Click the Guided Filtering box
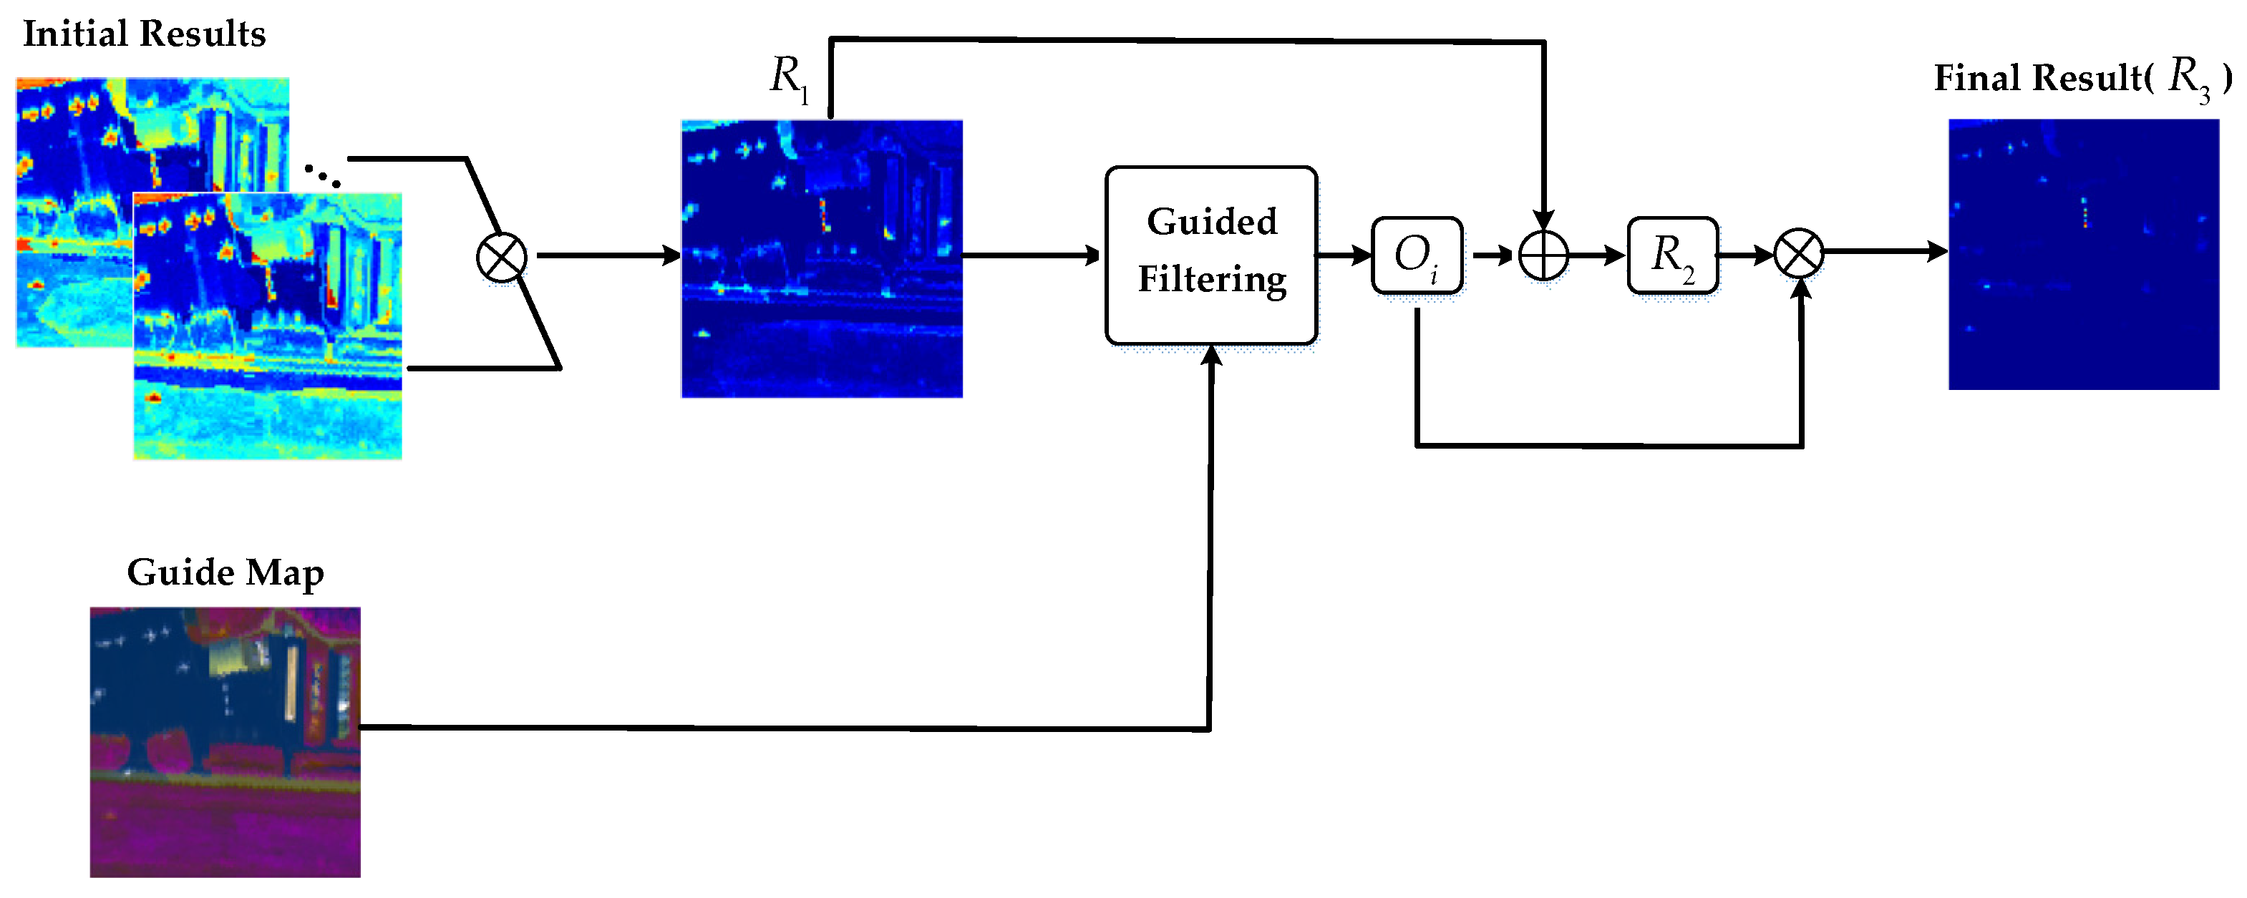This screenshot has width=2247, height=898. point(1210,255)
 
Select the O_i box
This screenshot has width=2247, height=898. point(1417,255)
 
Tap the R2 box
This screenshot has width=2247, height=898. point(1672,255)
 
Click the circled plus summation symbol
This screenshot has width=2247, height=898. point(1543,256)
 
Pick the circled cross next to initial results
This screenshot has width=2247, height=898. point(502,258)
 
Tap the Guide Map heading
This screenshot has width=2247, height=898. point(225,573)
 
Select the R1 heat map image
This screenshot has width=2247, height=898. point(822,259)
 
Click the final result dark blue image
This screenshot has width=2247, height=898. point(2083,255)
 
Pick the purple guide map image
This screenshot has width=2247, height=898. point(225,742)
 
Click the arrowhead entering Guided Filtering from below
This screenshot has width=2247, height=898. point(1210,356)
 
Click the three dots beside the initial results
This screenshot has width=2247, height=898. point(322,175)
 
